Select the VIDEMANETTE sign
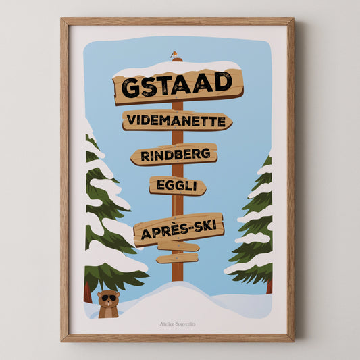click(176, 121)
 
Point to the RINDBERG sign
click(174, 155)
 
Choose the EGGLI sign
click(177, 185)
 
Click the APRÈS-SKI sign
click(178, 229)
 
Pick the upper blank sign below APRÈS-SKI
click(178, 247)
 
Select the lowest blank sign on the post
click(177, 258)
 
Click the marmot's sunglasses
click(109, 298)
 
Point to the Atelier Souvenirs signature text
click(178, 324)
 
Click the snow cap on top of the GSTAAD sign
click(177, 68)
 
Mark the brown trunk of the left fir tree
click(88, 292)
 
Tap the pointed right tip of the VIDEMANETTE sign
click(230, 122)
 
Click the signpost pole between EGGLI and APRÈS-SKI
click(177, 206)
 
